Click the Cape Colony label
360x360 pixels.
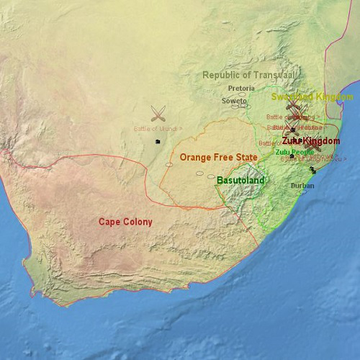pos(125,222)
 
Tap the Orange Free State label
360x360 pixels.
pos(218,157)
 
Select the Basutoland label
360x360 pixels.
pos(240,180)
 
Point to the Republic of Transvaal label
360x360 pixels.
pos(247,75)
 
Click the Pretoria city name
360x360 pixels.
pos(241,89)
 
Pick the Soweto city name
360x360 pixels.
pos(234,101)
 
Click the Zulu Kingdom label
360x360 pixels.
pos(310,141)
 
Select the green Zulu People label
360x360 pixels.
pos(294,152)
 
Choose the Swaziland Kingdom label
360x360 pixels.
pos(312,96)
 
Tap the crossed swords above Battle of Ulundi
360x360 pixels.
pos(158,113)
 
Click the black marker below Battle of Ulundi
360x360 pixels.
pos(156,142)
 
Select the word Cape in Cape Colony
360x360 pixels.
pos(109,222)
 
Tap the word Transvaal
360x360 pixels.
pos(272,75)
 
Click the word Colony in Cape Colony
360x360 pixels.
pos(138,222)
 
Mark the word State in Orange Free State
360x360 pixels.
pos(246,157)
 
